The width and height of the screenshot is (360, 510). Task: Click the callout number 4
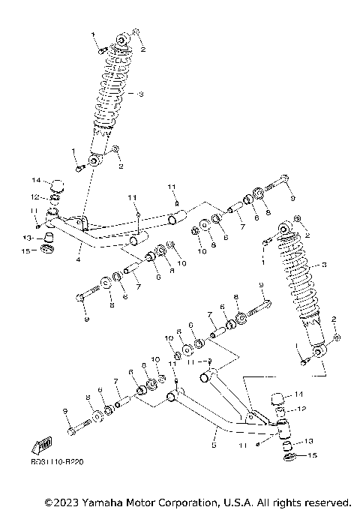(x=77, y=260)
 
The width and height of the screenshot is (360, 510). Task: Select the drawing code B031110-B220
(x=58, y=463)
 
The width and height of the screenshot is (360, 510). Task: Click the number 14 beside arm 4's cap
(x=34, y=181)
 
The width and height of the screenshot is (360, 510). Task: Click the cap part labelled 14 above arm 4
(x=55, y=184)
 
